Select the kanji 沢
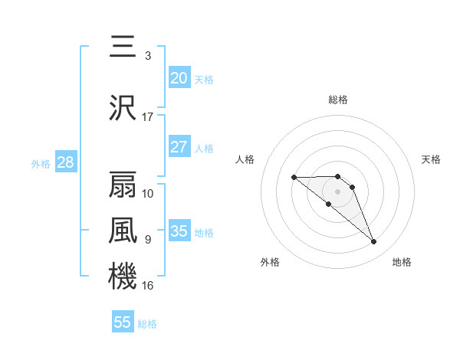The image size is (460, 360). click(123, 106)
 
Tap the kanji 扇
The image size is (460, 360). click(123, 184)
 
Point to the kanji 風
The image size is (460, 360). click(123, 230)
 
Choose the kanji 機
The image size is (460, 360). click(123, 276)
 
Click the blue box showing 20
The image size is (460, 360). click(179, 78)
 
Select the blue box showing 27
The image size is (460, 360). click(179, 147)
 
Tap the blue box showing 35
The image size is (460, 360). click(179, 231)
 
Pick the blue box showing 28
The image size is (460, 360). click(65, 162)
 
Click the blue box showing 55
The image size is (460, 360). click(123, 322)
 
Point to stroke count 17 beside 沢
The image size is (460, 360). click(148, 117)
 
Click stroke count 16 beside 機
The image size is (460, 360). click(148, 286)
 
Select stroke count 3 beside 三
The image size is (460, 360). click(148, 56)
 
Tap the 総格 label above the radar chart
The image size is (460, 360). click(338, 100)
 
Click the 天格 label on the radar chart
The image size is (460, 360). click(431, 159)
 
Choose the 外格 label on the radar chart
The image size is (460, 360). click(270, 262)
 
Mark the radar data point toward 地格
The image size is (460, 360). click(374, 242)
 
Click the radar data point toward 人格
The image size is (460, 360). click(294, 177)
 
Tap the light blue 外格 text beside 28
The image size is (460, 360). click(41, 163)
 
